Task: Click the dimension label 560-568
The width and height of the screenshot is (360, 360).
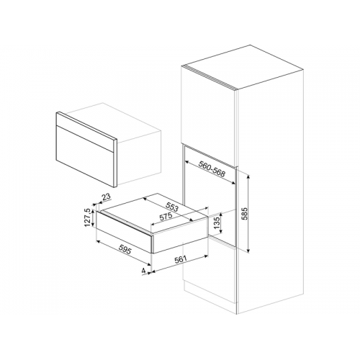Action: pyautogui.click(x=212, y=169)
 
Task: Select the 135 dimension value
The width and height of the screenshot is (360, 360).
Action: pyautogui.click(x=217, y=223)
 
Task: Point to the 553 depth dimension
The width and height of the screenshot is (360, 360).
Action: pyautogui.click(x=172, y=207)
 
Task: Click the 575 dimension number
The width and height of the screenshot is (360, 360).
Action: pyautogui.click(x=166, y=217)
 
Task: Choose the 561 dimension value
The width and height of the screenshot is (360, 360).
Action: pyautogui.click(x=181, y=259)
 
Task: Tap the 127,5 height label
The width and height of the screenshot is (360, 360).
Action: pyautogui.click(x=87, y=217)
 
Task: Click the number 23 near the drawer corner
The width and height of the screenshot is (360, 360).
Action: pyautogui.click(x=106, y=197)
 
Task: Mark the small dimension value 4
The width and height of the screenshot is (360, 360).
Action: pyautogui.click(x=144, y=271)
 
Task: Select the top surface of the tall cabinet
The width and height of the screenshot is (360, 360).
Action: pyautogui.click(x=243, y=68)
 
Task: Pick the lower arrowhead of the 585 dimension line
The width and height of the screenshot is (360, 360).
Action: pyautogui.click(x=248, y=250)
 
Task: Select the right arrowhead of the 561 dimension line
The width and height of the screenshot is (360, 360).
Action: pyautogui.click(x=206, y=257)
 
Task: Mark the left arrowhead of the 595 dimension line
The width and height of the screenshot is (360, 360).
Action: pyautogui.click(x=99, y=241)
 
